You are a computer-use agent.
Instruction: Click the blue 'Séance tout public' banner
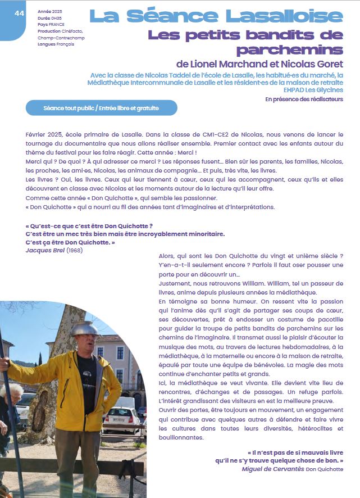(x=101, y=107)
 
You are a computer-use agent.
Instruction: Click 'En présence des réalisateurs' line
(x=304, y=99)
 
